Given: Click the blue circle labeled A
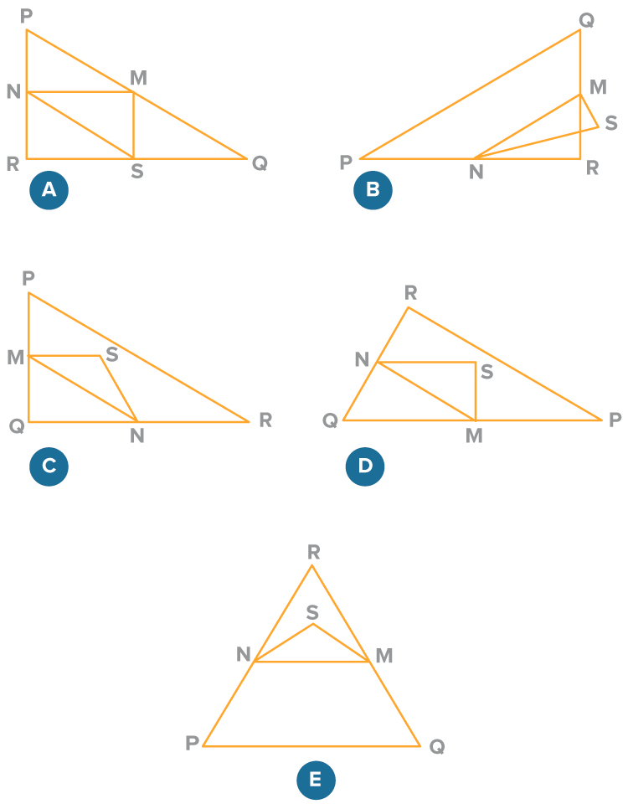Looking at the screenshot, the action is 49,190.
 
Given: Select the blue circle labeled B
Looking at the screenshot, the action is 373,190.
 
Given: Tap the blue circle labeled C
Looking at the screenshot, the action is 49,466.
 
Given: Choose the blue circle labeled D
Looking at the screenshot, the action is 365,466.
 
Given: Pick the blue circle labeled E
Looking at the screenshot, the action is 316,781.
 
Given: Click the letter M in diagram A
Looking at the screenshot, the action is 138,78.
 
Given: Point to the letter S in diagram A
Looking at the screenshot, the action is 136,171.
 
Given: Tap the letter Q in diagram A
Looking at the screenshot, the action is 260,163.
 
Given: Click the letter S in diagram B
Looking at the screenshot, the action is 611,123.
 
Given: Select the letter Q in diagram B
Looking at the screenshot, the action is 587,21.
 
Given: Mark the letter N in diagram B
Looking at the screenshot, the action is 476,172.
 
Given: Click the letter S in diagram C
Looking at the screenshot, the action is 112,354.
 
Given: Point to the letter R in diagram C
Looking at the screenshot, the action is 265,420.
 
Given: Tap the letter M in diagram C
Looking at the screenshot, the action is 15,357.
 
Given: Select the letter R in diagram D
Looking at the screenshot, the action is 411,292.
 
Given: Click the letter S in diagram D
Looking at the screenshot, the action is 486,372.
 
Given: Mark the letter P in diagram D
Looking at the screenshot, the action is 615,420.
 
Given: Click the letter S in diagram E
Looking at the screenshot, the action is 312,612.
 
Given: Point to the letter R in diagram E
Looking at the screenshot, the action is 314,552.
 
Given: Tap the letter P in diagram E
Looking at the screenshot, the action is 192,743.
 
